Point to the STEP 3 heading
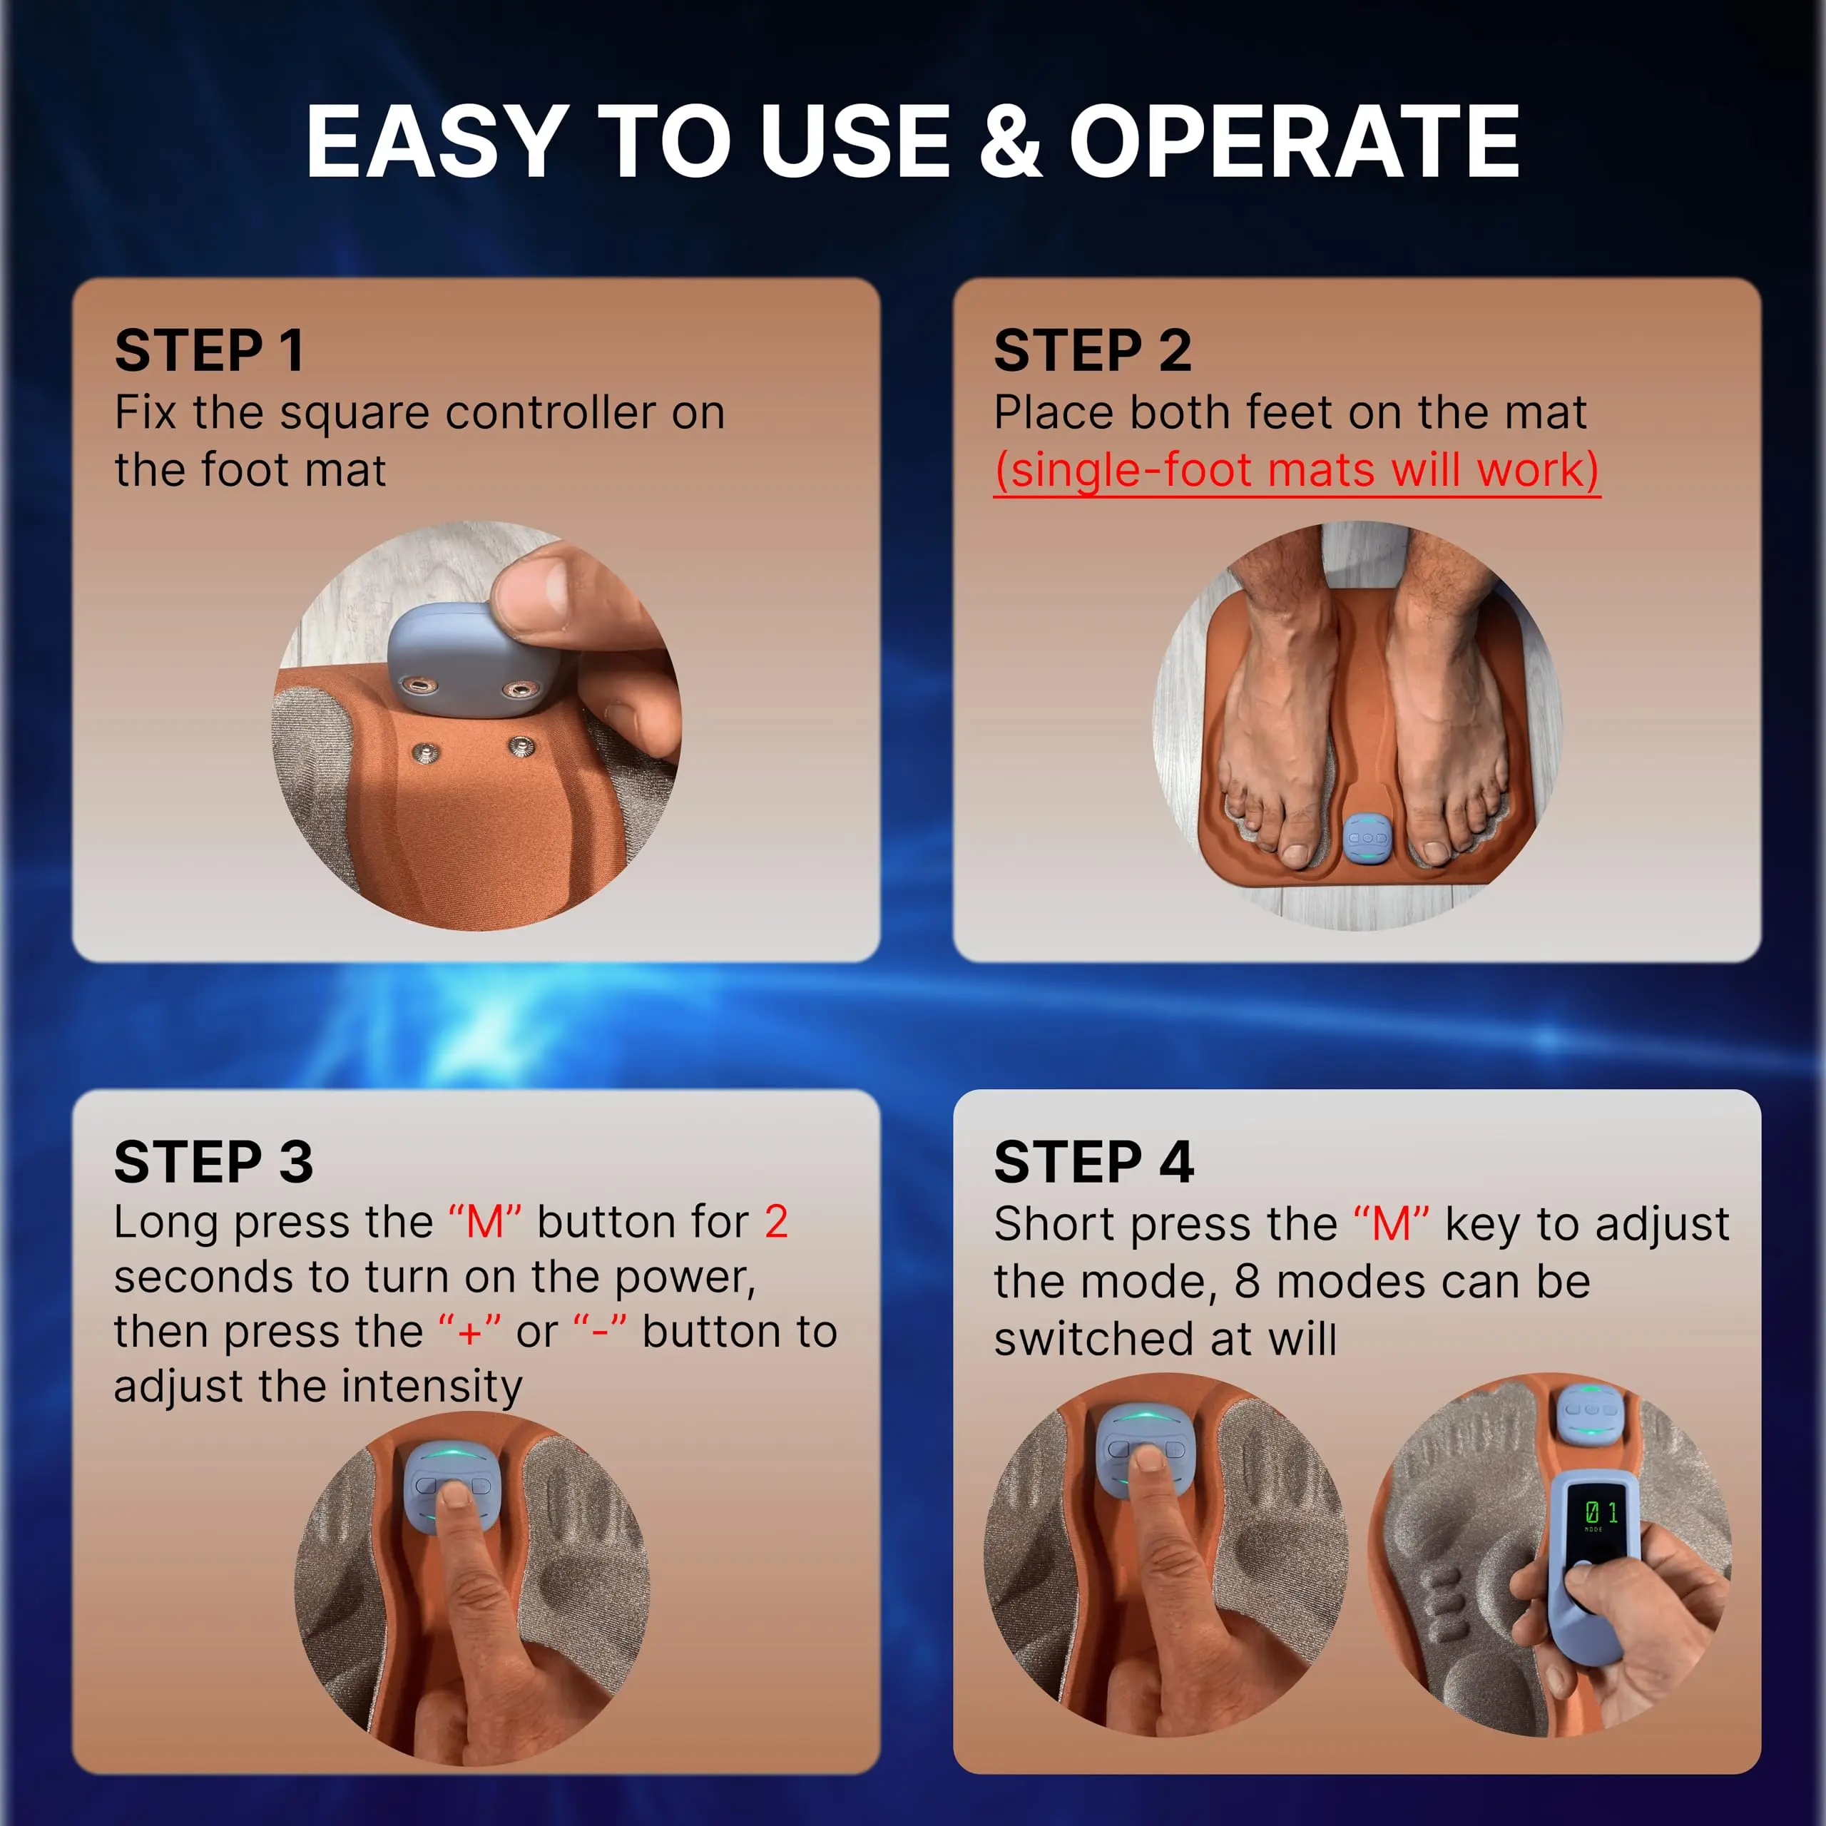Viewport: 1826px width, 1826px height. coord(213,1161)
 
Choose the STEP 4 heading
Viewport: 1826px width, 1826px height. coord(1094,1161)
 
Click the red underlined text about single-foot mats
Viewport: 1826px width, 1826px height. coord(1297,470)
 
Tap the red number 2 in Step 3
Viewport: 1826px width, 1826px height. coord(776,1222)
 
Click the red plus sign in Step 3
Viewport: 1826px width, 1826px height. coord(470,1332)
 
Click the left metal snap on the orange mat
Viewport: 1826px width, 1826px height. coord(427,753)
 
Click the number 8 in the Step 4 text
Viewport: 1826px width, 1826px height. coord(1247,1282)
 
